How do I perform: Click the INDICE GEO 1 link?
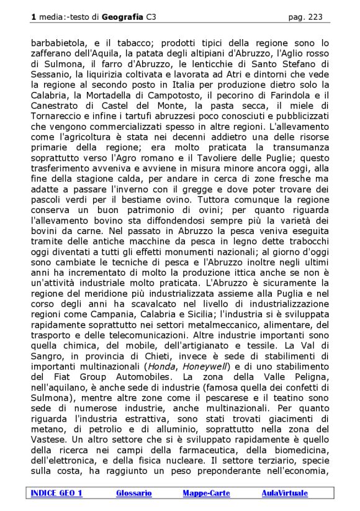click(x=56, y=493)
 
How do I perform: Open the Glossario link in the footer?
click(x=134, y=493)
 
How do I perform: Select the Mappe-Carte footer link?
click(x=206, y=493)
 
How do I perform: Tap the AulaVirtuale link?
click(x=284, y=493)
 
